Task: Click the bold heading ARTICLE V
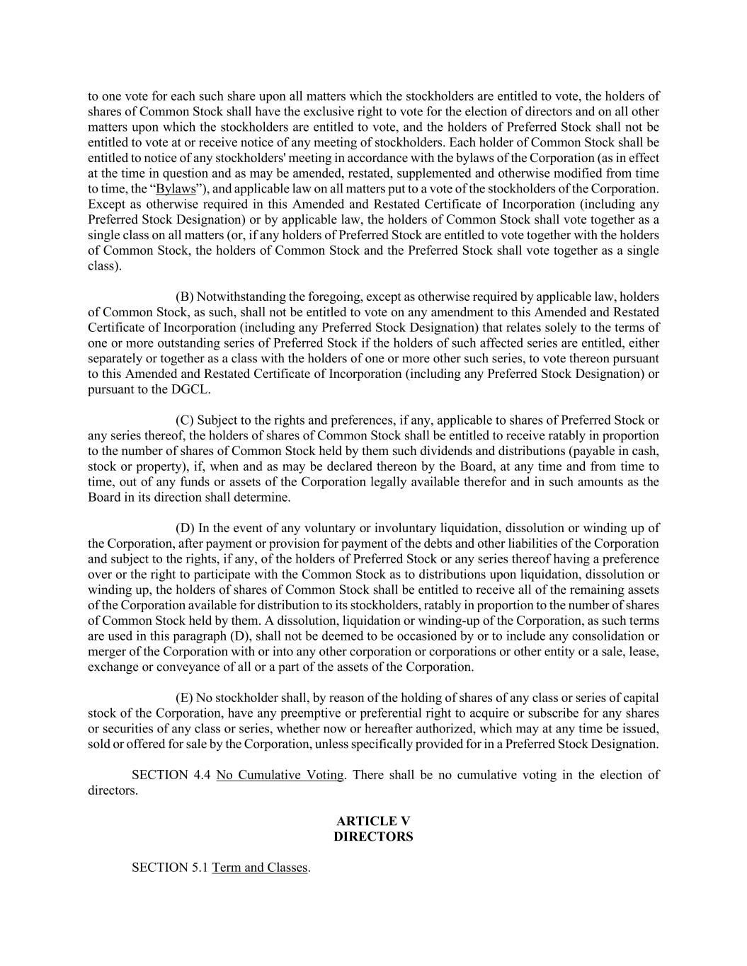pos(373,821)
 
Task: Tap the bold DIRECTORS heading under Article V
pos(373,836)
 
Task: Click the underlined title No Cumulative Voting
pos(280,775)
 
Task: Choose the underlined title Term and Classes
pos(259,868)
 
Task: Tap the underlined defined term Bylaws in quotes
pos(175,189)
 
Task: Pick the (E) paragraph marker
pos(184,698)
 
